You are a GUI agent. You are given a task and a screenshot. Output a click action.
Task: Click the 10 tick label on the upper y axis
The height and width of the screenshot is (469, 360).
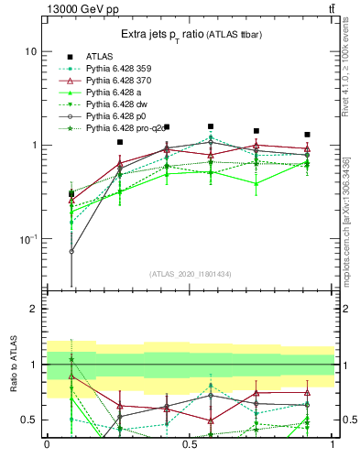30,52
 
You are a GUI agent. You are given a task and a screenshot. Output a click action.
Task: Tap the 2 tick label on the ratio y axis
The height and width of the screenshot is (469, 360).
34,310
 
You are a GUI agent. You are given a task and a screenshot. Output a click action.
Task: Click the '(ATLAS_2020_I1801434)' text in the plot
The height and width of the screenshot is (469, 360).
190,274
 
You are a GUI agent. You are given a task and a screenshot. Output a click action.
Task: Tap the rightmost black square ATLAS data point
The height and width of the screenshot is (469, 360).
307,135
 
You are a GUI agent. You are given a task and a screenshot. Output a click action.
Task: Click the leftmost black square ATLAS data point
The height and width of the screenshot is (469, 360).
71,193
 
